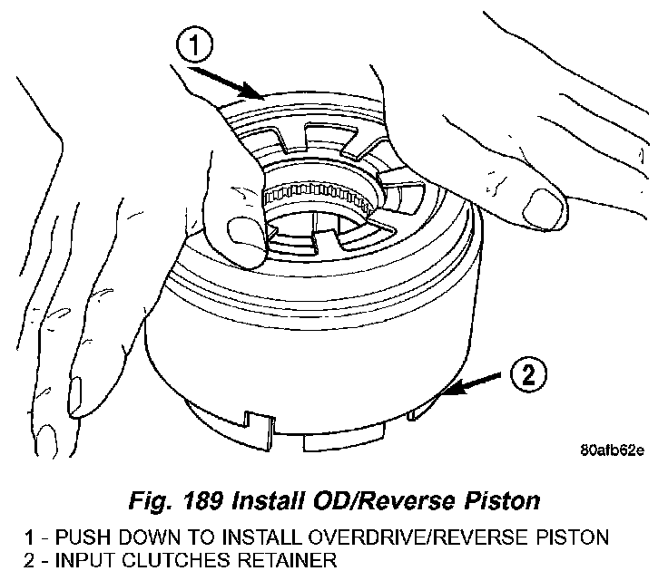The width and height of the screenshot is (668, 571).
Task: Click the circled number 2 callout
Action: [531, 374]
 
